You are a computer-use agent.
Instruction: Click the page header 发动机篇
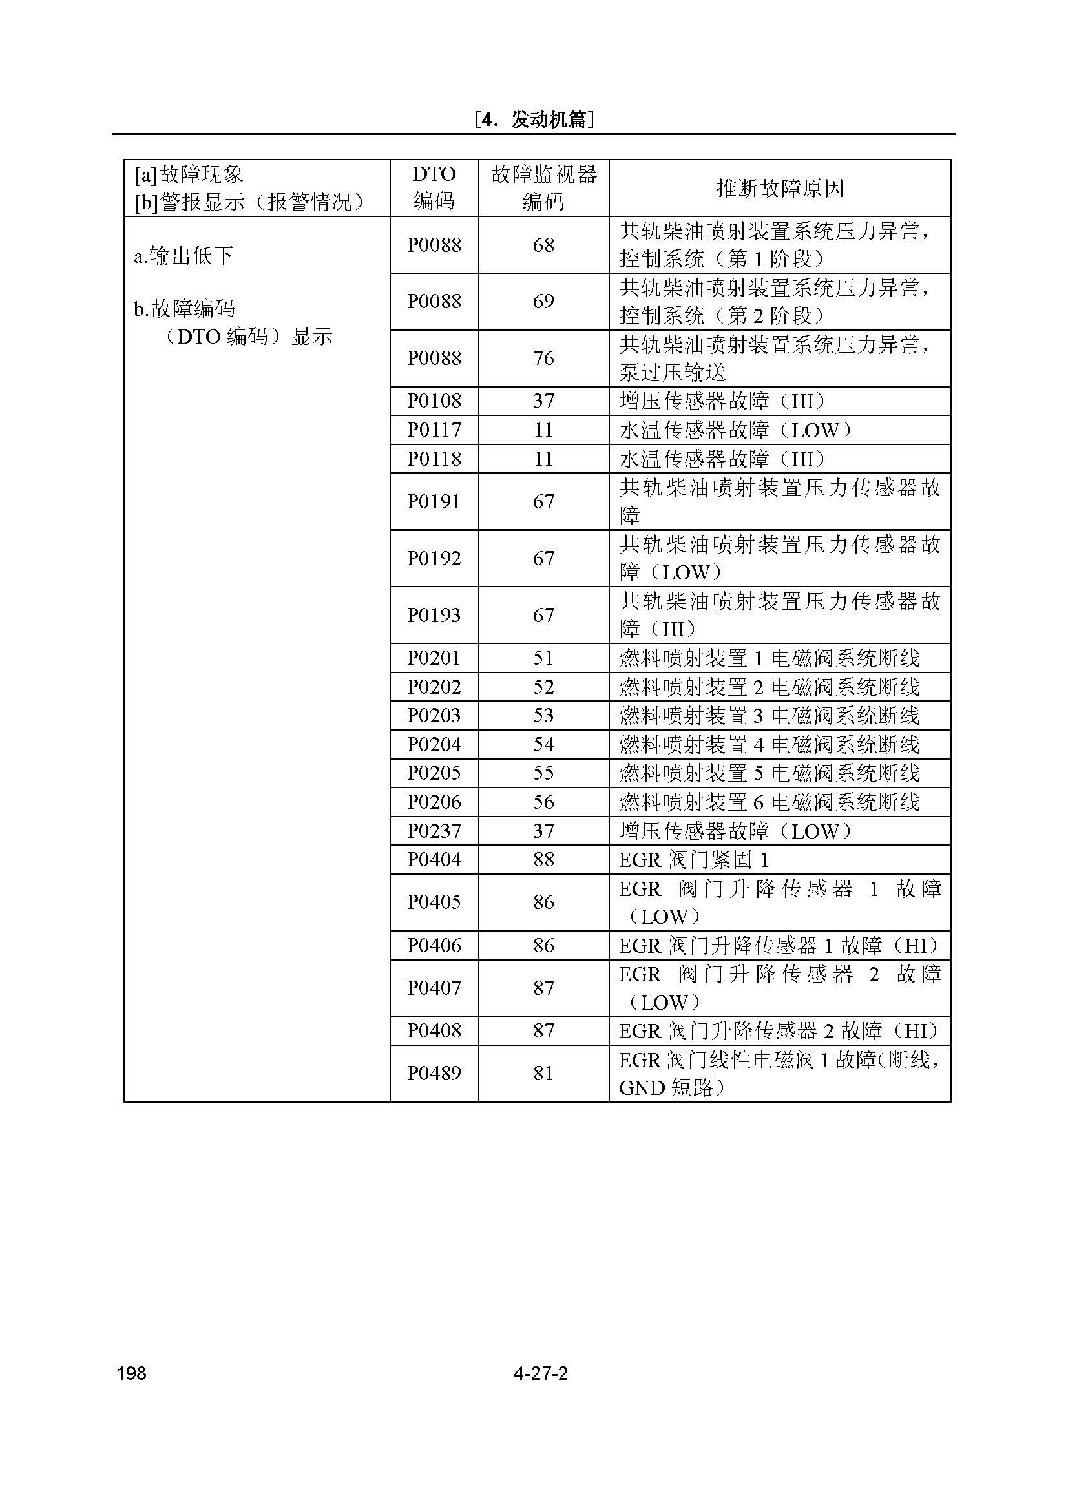534,120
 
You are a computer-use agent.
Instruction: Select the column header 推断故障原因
780,189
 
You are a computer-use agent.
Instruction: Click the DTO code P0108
434,401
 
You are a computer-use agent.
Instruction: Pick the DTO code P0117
434,430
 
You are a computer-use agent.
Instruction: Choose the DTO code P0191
434,501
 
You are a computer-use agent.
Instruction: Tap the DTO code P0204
434,744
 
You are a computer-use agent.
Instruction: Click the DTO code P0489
434,1074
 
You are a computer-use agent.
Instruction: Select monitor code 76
543,358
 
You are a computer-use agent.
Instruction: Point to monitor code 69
543,302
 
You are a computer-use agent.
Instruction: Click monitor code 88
543,859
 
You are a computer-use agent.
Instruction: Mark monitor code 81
543,1074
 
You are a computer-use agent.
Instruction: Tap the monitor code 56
543,802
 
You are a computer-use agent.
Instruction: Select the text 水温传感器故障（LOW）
736,430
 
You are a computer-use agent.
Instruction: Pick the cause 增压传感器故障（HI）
722,401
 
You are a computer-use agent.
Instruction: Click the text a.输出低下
183,255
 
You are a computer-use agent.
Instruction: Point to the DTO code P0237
434,831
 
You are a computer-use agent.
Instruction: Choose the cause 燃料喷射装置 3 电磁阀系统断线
770,715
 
